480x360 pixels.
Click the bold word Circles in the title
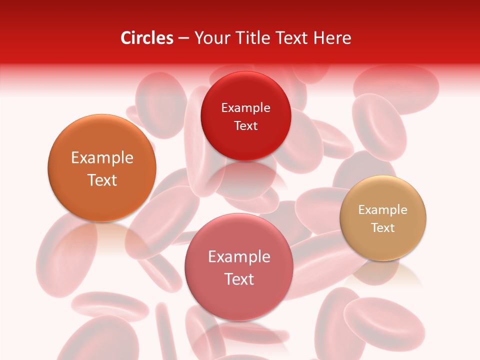point(147,38)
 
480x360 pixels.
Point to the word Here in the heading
point(332,38)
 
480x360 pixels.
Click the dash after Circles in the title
point(183,38)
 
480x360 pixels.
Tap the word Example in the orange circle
point(102,158)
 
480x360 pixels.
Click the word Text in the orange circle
point(102,180)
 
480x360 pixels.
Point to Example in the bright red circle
point(245,108)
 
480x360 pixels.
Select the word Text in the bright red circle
point(245,125)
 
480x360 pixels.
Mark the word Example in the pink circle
point(239,257)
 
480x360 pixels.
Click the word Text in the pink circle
point(239,279)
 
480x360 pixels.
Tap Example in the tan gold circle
point(382,210)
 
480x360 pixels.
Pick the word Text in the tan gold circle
point(382,228)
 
